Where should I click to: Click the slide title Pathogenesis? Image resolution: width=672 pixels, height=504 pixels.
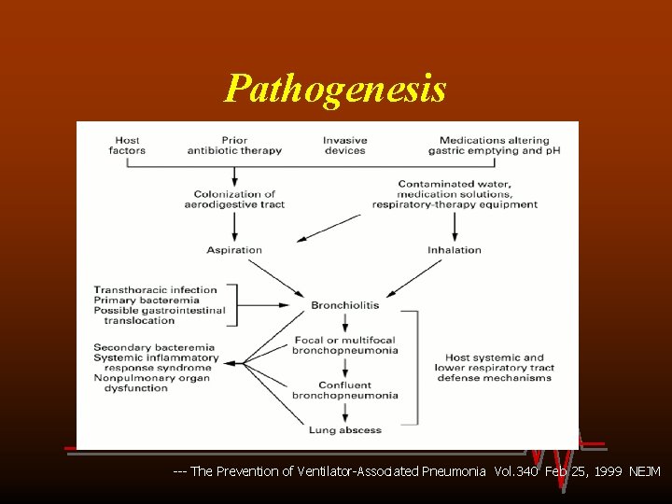click(x=335, y=89)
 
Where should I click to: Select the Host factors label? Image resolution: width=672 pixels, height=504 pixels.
click(x=127, y=146)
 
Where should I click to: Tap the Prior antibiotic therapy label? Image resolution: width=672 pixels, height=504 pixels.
click(x=234, y=146)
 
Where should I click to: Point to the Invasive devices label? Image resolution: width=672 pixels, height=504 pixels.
click(x=344, y=146)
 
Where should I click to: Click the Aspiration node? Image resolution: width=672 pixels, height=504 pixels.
click(x=234, y=250)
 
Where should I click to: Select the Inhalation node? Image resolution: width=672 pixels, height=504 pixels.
click(x=455, y=250)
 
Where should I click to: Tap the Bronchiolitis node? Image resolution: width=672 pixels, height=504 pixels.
click(x=345, y=305)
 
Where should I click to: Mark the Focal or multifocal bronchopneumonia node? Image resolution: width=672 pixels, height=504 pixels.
click(x=344, y=345)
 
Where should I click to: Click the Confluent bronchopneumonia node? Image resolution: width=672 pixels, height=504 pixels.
click(x=344, y=390)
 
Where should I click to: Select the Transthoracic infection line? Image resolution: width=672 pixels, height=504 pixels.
click(x=155, y=290)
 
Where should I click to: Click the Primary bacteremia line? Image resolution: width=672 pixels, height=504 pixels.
click(x=147, y=301)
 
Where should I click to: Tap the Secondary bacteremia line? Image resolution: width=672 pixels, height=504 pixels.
click(x=154, y=348)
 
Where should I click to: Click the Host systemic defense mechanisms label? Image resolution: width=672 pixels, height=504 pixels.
click(x=495, y=368)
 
